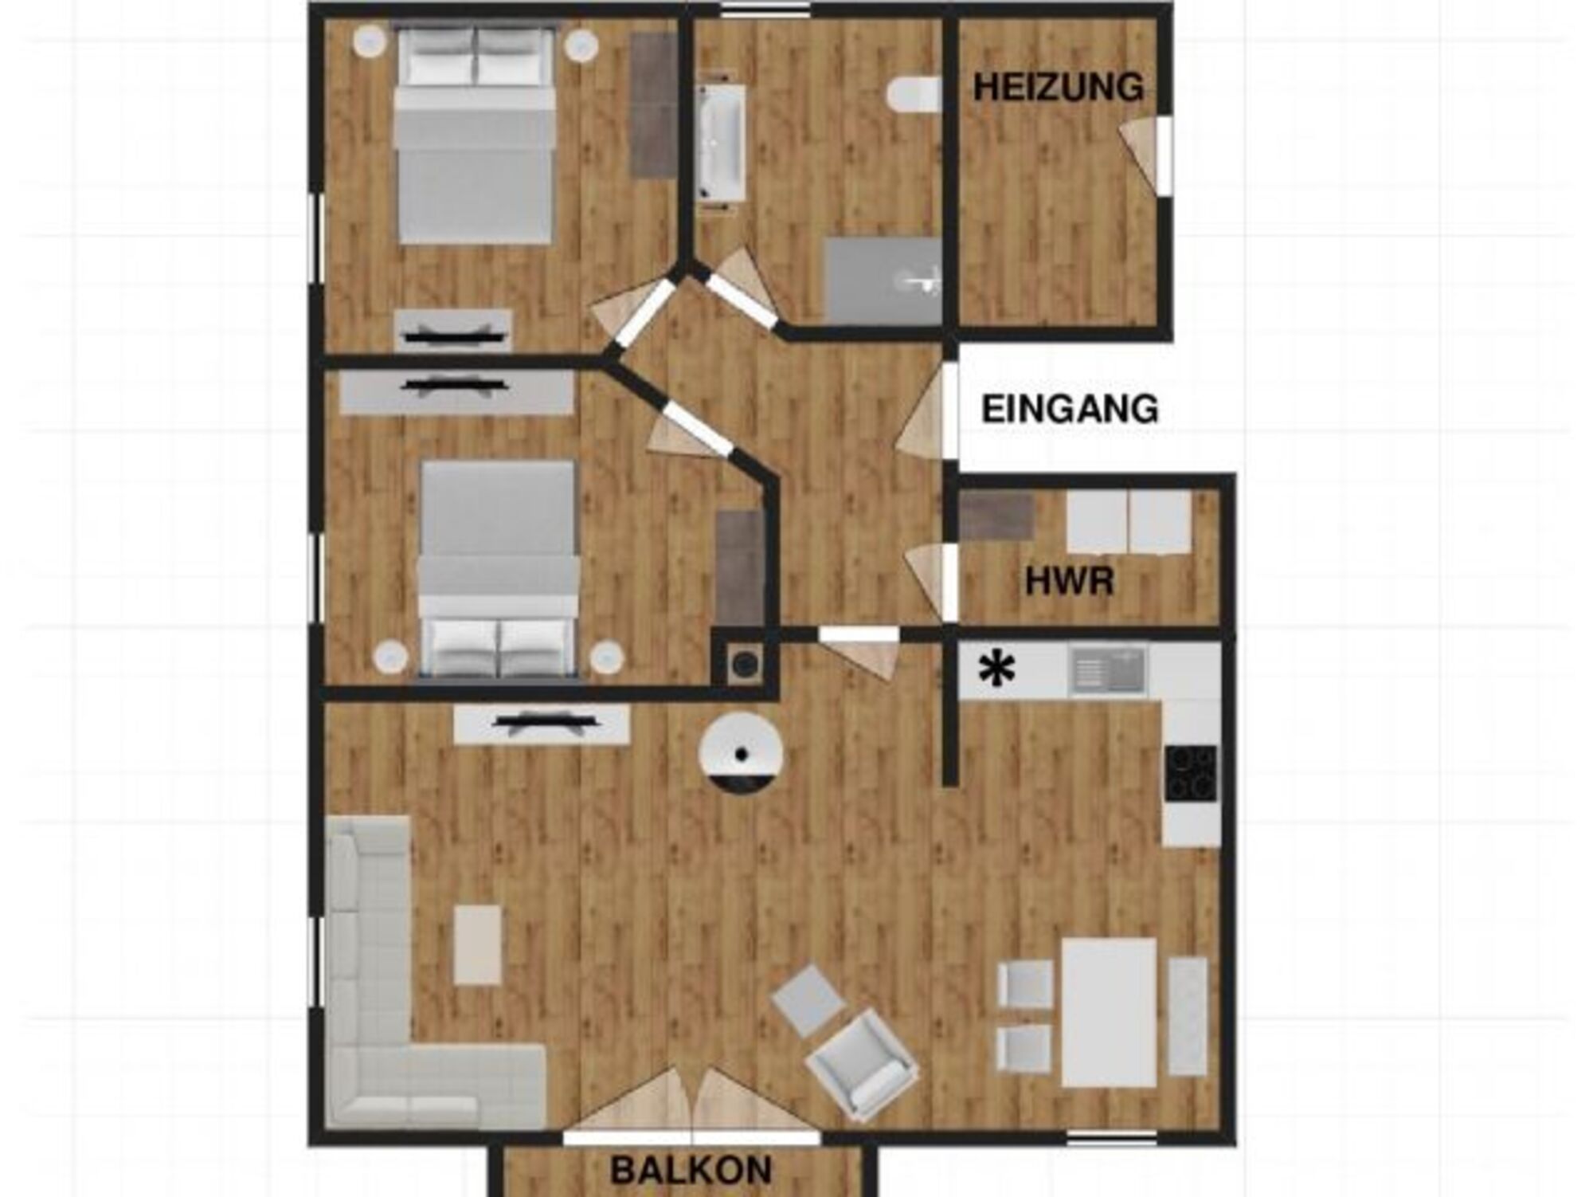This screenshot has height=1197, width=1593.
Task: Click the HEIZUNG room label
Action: (1059, 87)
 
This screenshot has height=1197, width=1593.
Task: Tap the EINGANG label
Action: (1070, 409)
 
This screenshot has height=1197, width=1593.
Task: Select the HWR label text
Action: (1069, 581)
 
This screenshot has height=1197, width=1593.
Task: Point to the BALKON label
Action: (691, 1170)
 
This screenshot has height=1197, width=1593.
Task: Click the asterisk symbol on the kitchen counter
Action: (996, 669)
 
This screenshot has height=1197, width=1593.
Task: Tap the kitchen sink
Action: (1108, 669)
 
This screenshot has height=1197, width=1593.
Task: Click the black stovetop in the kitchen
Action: (1191, 772)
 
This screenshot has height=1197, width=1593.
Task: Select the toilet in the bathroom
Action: (915, 94)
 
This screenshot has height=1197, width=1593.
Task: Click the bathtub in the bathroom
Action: (722, 142)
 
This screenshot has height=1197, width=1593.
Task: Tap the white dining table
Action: (1109, 1012)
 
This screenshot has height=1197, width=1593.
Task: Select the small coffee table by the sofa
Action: (478, 945)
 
